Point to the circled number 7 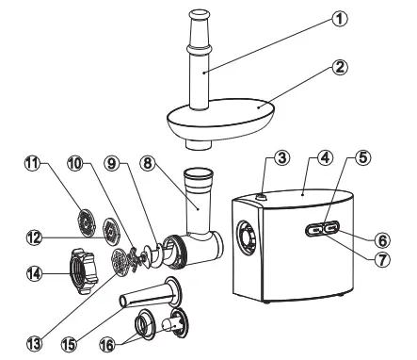(x=381, y=260)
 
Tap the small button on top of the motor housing (x=260, y=197)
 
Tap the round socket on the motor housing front (x=247, y=236)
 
